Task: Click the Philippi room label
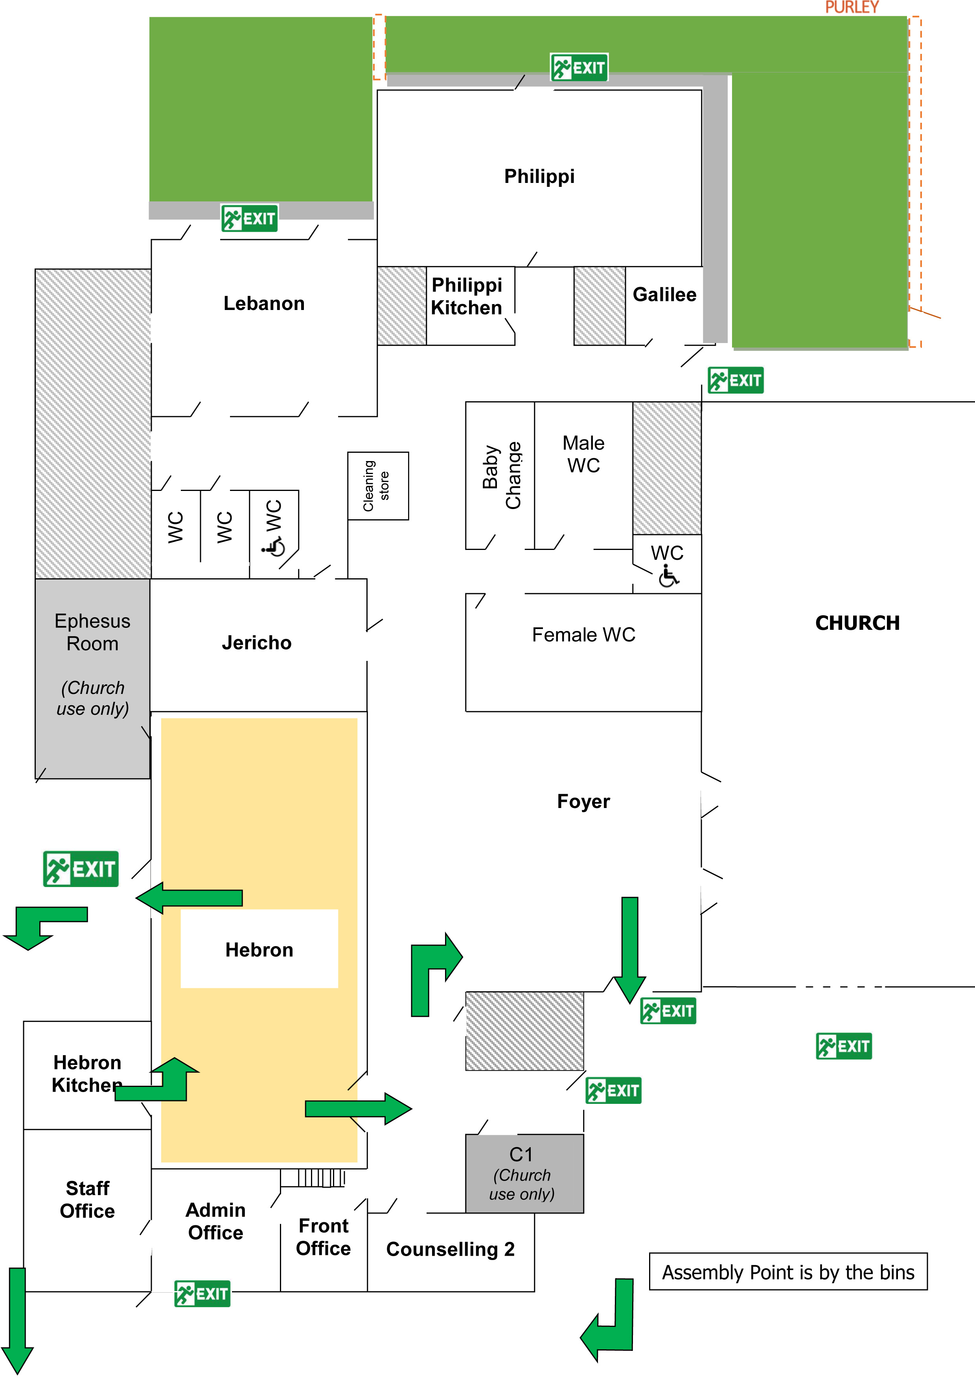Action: pyautogui.click(x=539, y=176)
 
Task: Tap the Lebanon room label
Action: pyautogui.click(x=264, y=304)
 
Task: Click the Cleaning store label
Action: pyautogui.click(x=377, y=486)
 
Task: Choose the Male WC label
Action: pyautogui.click(x=583, y=454)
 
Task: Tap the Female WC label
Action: pyautogui.click(x=583, y=635)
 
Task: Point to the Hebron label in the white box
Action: pyautogui.click(x=259, y=950)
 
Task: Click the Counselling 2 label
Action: pyautogui.click(x=450, y=1249)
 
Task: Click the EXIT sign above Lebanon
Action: pyautogui.click(x=249, y=218)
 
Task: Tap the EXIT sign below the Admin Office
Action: pyautogui.click(x=202, y=1293)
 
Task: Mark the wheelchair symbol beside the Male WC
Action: pyautogui.click(x=668, y=576)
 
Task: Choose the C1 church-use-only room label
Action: pyautogui.click(x=521, y=1173)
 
